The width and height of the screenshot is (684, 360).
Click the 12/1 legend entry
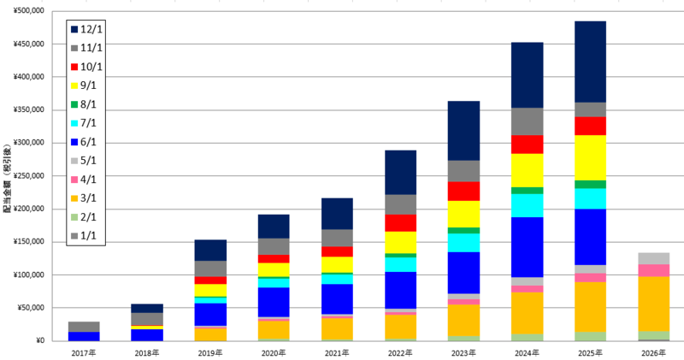[x=86, y=29]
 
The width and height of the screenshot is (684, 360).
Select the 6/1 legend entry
[x=83, y=142]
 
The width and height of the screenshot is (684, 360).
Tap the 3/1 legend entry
[x=83, y=198]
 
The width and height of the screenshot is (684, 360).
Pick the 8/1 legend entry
[x=83, y=104]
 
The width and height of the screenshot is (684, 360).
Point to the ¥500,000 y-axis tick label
[x=29, y=10]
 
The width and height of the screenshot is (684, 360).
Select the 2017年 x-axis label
[x=84, y=352]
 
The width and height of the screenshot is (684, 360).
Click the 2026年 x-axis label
[x=653, y=352]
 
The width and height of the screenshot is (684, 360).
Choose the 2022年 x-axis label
[x=400, y=352]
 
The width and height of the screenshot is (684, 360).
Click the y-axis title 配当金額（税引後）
[x=7, y=178]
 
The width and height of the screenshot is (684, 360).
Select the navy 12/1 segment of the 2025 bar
[x=590, y=62]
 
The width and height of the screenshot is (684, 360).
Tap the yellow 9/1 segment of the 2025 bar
[x=590, y=158]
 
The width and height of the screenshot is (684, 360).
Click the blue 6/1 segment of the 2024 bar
[x=527, y=247]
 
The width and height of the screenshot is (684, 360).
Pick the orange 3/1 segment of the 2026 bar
[x=653, y=304]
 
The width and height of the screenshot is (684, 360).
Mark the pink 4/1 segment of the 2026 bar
[x=653, y=270]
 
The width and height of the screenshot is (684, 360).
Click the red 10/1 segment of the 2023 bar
[x=463, y=192]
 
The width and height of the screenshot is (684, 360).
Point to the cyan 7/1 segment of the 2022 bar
[x=400, y=264]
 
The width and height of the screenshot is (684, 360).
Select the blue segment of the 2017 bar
[x=84, y=336]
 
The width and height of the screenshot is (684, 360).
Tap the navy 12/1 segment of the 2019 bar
[x=210, y=251]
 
